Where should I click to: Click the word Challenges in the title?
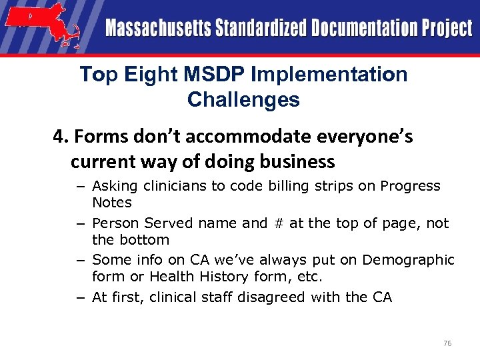point(243,100)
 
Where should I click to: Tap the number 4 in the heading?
point(59,137)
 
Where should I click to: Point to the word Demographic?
point(412,260)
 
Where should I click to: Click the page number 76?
point(447,343)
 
